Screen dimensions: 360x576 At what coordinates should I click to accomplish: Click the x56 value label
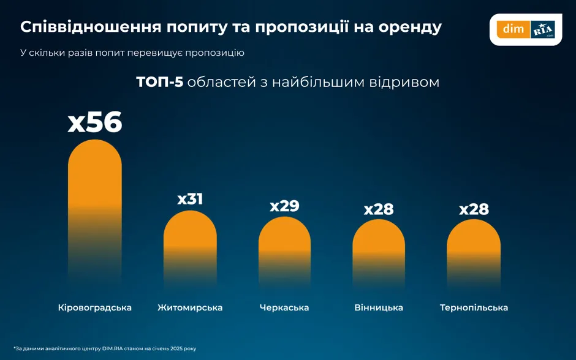click(95, 122)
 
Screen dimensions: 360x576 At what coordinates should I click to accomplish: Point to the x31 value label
click(190, 199)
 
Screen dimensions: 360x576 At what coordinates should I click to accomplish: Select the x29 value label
click(284, 206)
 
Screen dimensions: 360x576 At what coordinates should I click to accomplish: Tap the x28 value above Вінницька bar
click(379, 209)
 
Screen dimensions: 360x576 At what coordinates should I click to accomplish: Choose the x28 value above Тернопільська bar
click(474, 209)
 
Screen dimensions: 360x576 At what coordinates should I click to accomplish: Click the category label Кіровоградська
click(95, 307)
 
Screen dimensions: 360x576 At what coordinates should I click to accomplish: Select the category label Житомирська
click(190, 307)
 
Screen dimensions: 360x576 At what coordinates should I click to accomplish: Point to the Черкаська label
click(284, 307)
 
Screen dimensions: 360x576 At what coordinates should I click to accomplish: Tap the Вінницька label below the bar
click(379, 307)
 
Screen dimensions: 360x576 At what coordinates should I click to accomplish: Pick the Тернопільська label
click(474, 307)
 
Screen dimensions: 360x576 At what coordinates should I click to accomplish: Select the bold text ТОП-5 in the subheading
click(159, 82)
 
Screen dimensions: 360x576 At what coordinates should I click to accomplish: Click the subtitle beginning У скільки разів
click(132, 53)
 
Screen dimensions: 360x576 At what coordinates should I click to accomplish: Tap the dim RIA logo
click(526, 29)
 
